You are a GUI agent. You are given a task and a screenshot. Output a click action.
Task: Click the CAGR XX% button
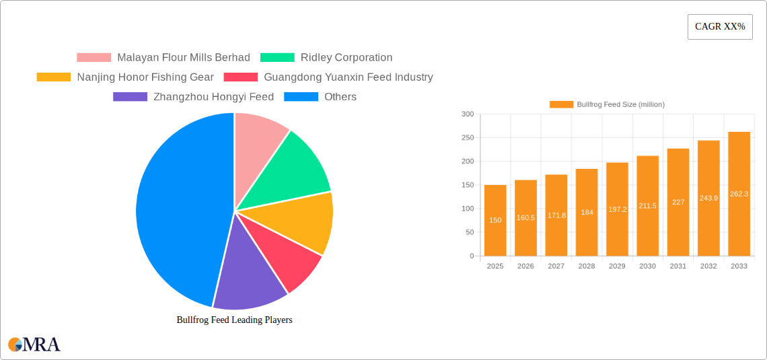click(720, 27)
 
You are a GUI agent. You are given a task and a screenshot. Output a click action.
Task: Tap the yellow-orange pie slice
click(299, 222)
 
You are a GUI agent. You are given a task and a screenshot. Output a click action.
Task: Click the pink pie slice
click(259, 138)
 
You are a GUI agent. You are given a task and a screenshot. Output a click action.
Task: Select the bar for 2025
click(495, 221)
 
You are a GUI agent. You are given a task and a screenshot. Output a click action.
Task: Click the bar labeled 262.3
click(739, 194)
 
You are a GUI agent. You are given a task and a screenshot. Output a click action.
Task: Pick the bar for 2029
click(617, 209)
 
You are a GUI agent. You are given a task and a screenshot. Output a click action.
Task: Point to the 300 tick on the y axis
click(467, 114)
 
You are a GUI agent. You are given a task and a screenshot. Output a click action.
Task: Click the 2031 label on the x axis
click(678, 266)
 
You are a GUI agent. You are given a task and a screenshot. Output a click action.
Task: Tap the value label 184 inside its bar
click(587, 213)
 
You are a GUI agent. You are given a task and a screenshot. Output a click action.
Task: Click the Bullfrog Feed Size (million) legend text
click(620, 104)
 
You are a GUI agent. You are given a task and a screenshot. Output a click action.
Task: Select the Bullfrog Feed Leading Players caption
click(234, 320)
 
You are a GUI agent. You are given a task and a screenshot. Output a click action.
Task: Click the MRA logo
click(34, 345)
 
